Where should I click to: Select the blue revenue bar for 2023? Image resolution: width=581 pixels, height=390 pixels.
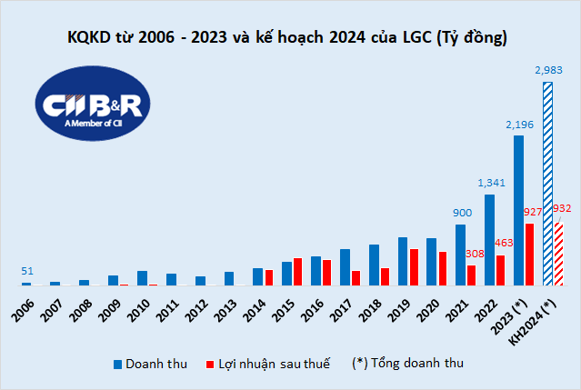tap(518, 210)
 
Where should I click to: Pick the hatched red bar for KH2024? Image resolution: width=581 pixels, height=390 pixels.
tap(558, 255)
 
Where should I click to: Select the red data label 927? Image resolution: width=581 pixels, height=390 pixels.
tap(532, 212)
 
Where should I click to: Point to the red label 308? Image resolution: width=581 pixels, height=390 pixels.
tap(475, 255)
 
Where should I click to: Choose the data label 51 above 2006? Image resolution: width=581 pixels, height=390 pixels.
tap(27, 271)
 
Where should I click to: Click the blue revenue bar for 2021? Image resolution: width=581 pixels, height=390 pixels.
tap(460, 255)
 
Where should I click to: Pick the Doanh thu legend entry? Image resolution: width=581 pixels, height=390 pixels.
tap(151, 364)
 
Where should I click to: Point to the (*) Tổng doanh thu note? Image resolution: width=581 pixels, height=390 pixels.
tap(407, 364)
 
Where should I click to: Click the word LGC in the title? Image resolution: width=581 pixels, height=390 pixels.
tap(415, 38)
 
